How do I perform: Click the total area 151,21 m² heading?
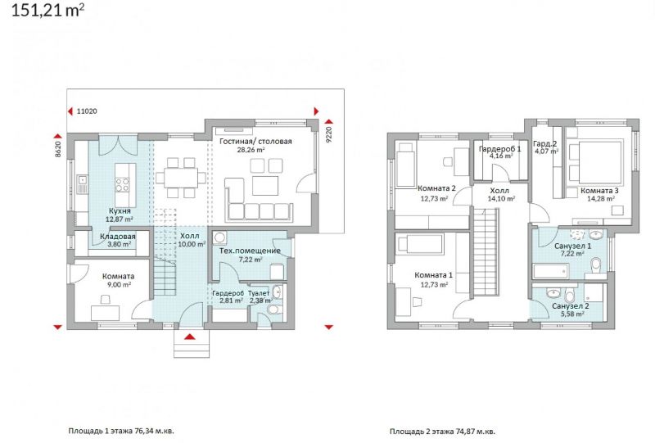click(47, 10)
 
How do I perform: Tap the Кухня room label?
click(120, 211)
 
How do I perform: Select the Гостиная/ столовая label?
click(255, 142)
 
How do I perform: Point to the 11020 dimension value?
click(87, 111)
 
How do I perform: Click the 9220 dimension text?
click(328, 135)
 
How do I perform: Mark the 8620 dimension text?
click(58, 149)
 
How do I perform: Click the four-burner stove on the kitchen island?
click(122, 185)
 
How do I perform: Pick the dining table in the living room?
click(180, 179)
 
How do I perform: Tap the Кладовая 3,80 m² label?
click(118, 240)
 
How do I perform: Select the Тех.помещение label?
click(250, 251)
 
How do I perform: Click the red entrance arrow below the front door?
click(190, 337)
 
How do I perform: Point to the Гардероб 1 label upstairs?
click(499, 149)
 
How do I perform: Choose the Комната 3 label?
click(599, 191)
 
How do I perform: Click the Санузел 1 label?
click(572, 246)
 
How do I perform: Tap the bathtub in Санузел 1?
click(550, 271)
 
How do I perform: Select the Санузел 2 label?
click(570, 306)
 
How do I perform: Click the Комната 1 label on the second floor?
click(434, 275)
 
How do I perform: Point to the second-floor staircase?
click(486, 252)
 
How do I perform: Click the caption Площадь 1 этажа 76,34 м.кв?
click(121, 431)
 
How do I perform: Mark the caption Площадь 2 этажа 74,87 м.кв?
click(443, 431)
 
